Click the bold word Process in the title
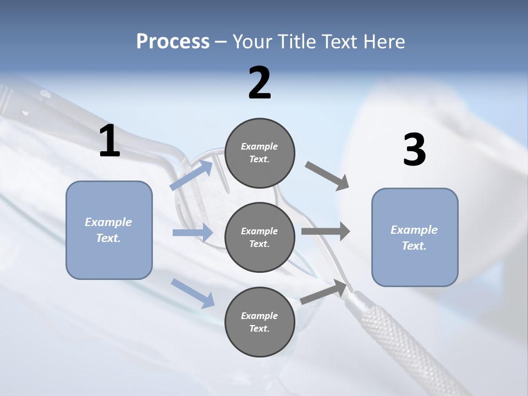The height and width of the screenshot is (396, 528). tap(173, 42)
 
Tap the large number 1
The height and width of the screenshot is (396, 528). tap(109, 141)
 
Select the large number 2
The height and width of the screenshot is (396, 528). tap(260, 83)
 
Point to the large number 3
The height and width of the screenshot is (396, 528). tap(414, 150)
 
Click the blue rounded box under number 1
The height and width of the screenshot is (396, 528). tap(109, 230)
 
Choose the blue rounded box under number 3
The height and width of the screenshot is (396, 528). tap(415, 237)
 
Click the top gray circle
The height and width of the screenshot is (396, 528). tap(260, 153)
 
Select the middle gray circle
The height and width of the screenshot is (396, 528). tap(260, 237)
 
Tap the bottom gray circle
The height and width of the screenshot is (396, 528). tap(260, 322)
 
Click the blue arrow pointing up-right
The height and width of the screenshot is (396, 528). tap(192, 175)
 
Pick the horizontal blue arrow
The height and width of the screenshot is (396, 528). tap(193, 233)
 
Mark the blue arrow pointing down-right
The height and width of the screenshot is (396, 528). tap(193, 293)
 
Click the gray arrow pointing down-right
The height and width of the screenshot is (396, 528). tap(327, 177)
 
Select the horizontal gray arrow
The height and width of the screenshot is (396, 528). tap(326, 232)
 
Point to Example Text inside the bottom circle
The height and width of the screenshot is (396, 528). tap(260, 322)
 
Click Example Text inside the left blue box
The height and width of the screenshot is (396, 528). tap(109, 230)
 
